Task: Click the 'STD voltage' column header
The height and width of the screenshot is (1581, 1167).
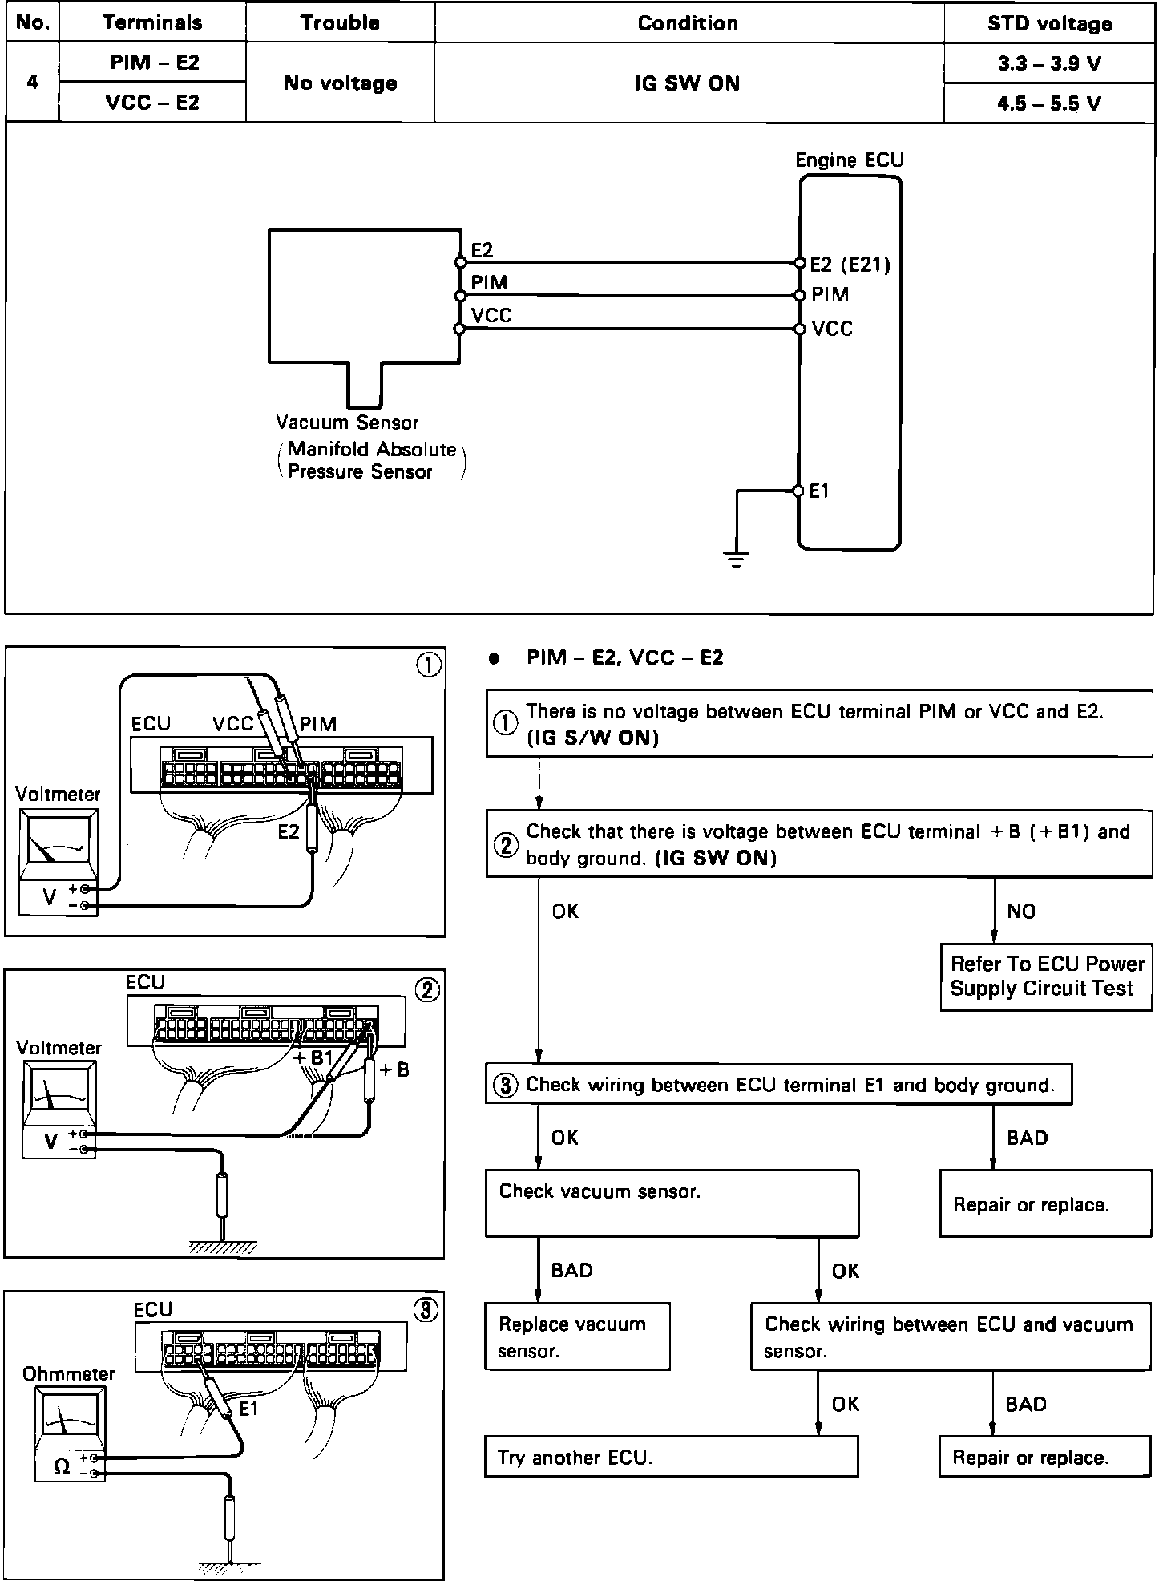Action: [x=1048, y=23]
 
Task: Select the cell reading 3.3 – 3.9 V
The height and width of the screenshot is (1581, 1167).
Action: [x=1048, y=63]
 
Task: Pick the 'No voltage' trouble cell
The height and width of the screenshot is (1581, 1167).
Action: [x=341, y=83]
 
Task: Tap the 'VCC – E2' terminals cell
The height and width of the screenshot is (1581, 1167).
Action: [x=152, y=103]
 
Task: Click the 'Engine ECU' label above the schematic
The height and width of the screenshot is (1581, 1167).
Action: [x=849, y=160]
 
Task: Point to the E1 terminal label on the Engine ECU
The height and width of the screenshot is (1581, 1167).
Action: [x=819, y=491]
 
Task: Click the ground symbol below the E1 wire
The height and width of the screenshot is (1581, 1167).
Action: [x=737, y=560]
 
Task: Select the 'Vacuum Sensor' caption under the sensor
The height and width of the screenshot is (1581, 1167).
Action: [x=347, y=423]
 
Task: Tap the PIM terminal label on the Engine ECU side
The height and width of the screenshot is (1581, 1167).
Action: [x=830, y=295]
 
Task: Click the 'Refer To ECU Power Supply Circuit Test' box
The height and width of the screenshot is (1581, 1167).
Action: [x=1046, y=976]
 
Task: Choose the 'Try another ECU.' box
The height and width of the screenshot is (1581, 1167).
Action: [x=671, y=1457]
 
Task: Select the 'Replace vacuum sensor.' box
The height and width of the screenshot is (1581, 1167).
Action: [x=577, y=1336]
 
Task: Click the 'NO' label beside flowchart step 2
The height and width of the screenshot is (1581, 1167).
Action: [x=1021, y=911]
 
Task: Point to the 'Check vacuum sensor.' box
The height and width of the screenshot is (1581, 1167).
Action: [x=672, y=1203]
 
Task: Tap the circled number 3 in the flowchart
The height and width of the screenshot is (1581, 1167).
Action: [x=505, y=1086]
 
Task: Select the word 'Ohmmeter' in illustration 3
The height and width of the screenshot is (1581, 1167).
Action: [x=69, y=1373]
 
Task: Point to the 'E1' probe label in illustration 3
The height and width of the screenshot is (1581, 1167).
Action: [x=249, y=1409]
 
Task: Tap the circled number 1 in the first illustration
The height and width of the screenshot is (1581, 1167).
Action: [x=429, y=665]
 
